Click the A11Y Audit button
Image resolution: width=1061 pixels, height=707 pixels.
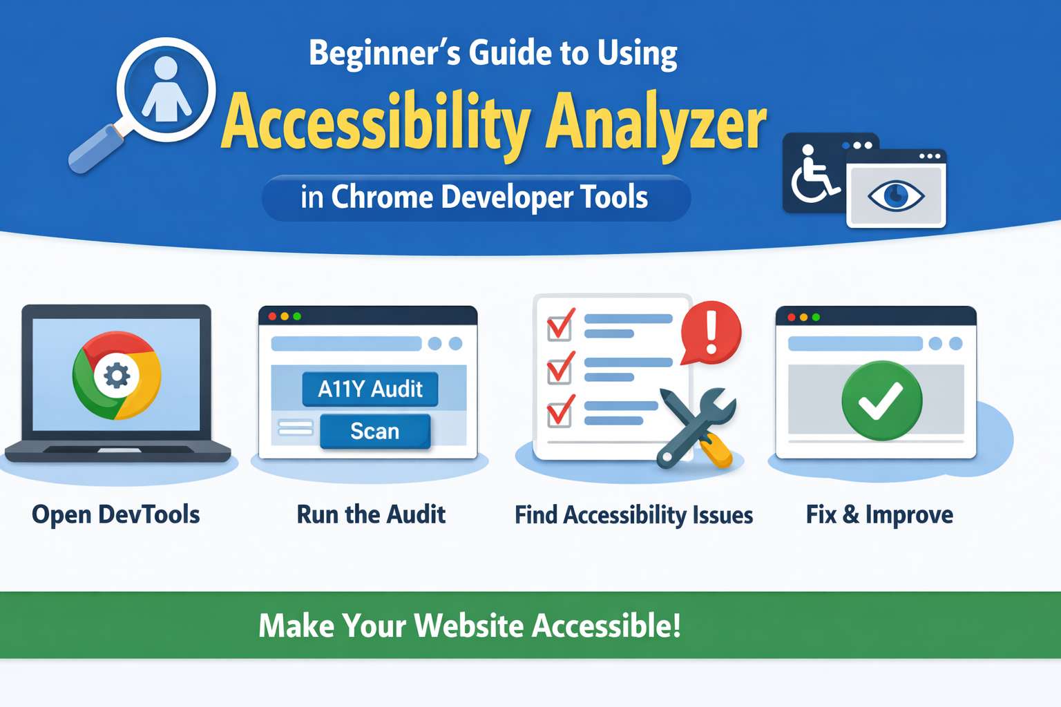point(370,389)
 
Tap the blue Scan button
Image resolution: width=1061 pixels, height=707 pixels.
point(375,432)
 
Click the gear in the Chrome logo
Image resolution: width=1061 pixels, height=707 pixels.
point(117,376)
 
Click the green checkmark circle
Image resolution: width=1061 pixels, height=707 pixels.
point(882,400)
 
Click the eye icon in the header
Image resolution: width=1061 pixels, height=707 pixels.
point(896,195)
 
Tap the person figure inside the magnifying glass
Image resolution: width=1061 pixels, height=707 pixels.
point(166,89)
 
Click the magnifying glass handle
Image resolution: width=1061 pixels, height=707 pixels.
point(96,148)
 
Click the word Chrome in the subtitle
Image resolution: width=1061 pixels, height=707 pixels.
point(382,197)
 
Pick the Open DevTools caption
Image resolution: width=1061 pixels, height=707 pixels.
point(116,515)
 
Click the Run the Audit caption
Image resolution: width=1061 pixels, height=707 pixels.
point(371,515)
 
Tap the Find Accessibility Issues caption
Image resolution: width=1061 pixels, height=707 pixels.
point(633,515)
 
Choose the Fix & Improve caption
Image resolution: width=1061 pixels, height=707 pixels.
point(879,515)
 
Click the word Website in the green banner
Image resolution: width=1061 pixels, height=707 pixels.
point(469,626)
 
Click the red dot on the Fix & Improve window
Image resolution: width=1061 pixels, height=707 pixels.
point(791,318)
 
